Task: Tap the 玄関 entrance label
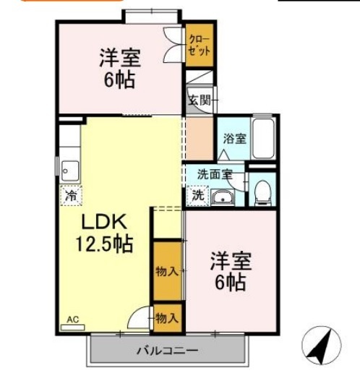198,100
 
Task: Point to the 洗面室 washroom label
215,173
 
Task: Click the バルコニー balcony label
167,351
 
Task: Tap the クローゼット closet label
200,45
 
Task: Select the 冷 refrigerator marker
72,194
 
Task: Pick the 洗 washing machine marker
197,194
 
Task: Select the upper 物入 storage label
167,271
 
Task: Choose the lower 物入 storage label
167,317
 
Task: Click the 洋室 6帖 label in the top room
120,67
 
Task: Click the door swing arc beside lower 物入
139,319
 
